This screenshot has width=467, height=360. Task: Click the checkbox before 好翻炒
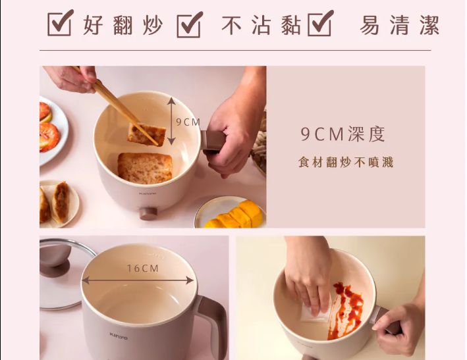pos(59,24)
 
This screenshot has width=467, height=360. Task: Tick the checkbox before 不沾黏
pos(189,24)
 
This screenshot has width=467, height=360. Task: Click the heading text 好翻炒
pos(123,26)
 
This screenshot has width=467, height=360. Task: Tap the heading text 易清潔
pos(399,26)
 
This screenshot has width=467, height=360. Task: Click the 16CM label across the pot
pos(143,269)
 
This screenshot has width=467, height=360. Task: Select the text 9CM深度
pos(343,134)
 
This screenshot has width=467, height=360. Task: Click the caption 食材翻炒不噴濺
pos(346,163)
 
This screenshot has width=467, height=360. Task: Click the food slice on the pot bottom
pos(145,167)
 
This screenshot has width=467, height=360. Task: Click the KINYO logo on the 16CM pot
pos(119,336)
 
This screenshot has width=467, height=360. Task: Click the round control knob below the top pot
pos(148,213)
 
